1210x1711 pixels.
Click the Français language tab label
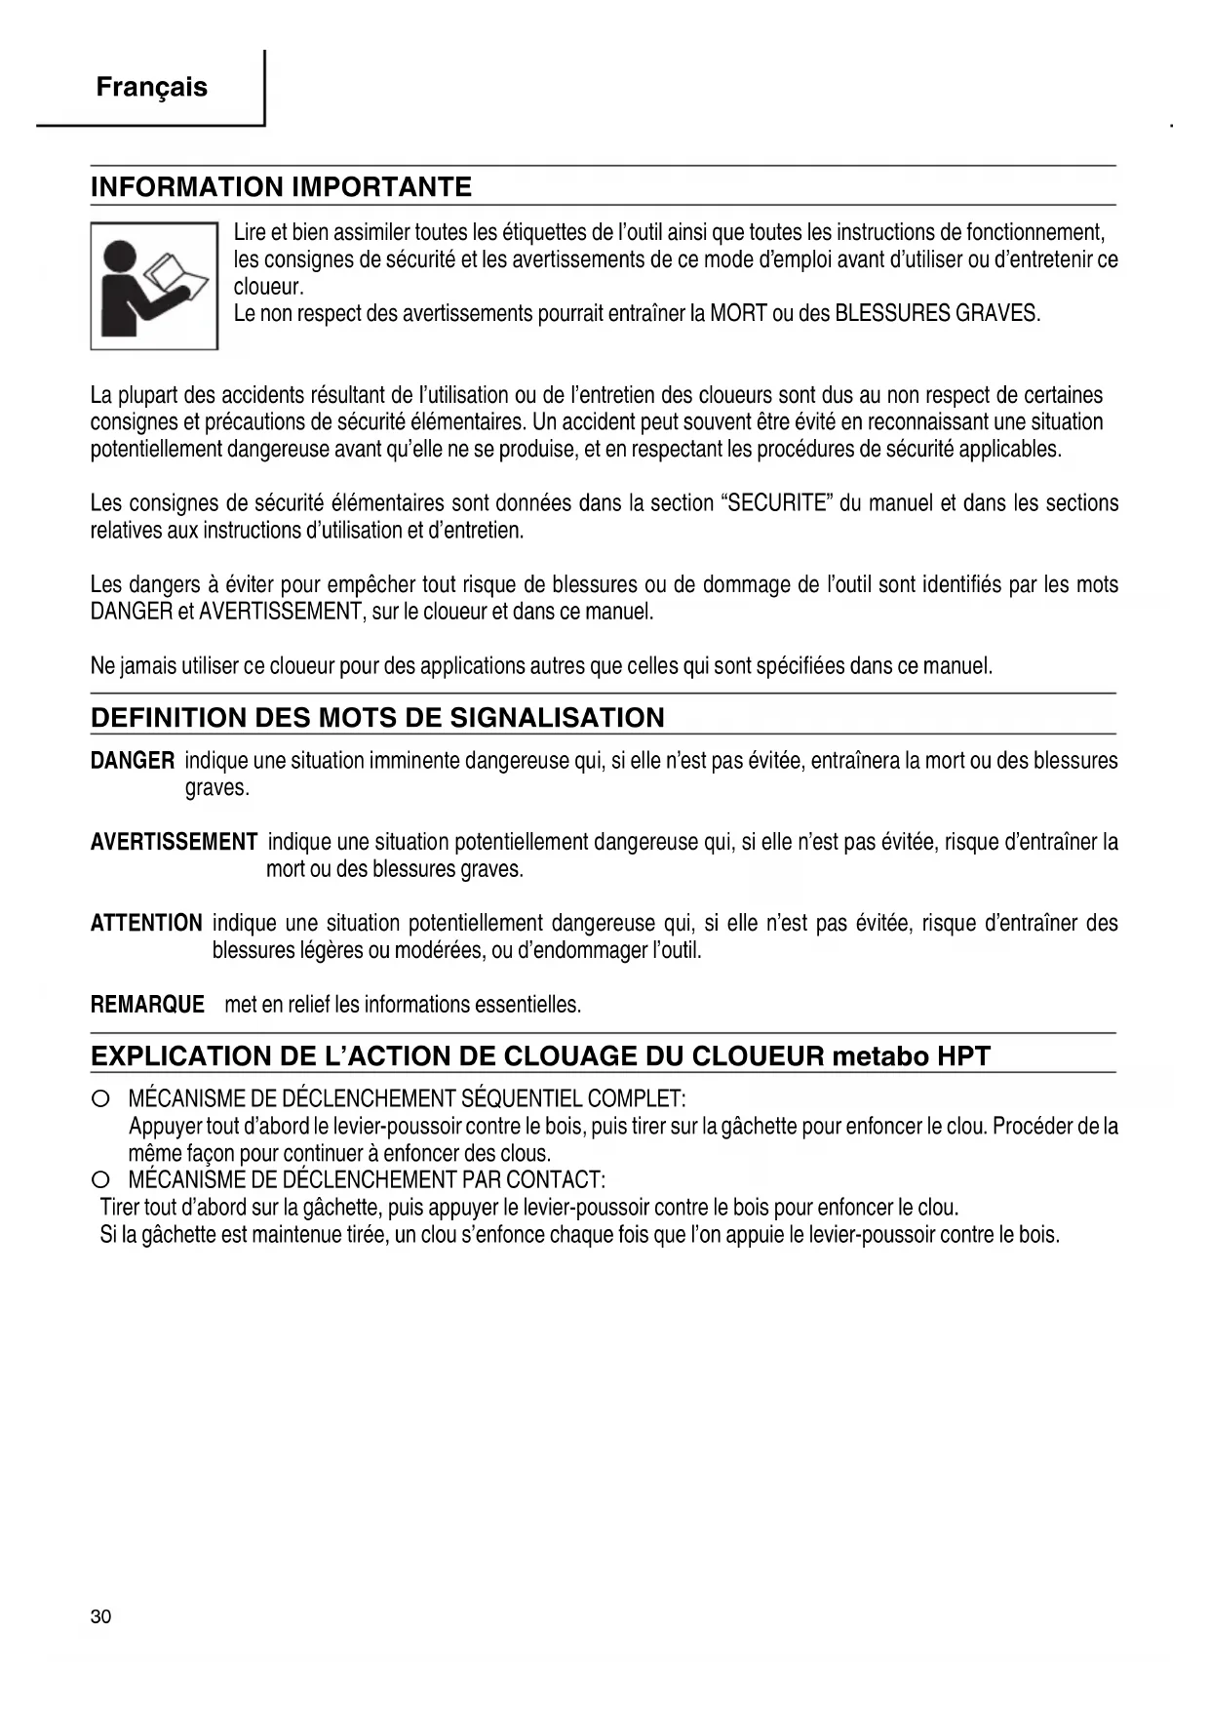[151, 88]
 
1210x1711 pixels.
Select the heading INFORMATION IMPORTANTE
[281, 187]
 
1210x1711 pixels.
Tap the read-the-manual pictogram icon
[154, 286]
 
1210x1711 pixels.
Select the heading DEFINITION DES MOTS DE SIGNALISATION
[377, 718]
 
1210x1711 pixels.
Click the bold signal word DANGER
[133, 761]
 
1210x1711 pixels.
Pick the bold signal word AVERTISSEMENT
[174, 843]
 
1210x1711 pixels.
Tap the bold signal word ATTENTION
[146, 924]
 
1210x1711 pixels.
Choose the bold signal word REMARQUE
[147, 1005]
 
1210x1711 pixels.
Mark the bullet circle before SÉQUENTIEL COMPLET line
[99, 1100]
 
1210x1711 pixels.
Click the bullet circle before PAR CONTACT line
[99, 1181]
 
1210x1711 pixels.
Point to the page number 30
[100, 1616]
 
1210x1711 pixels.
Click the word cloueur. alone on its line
[269, 288]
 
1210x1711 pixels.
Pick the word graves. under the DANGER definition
[217, 788]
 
